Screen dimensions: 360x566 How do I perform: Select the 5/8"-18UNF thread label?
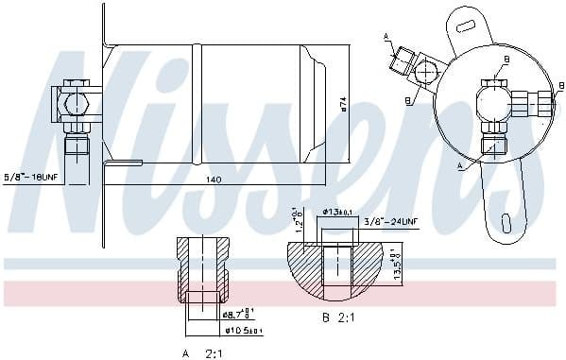[x=30, y=177]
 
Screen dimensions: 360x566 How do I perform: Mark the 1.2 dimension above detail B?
[x=296, y=220]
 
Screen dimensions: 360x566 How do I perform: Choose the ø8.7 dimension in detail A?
[x=235, y=313]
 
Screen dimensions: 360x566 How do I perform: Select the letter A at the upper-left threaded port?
[x=386, y=36]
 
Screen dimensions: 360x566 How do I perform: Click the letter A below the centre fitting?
[x=460, y=165]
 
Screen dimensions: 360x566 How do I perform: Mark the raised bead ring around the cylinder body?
[x=196, y=103]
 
